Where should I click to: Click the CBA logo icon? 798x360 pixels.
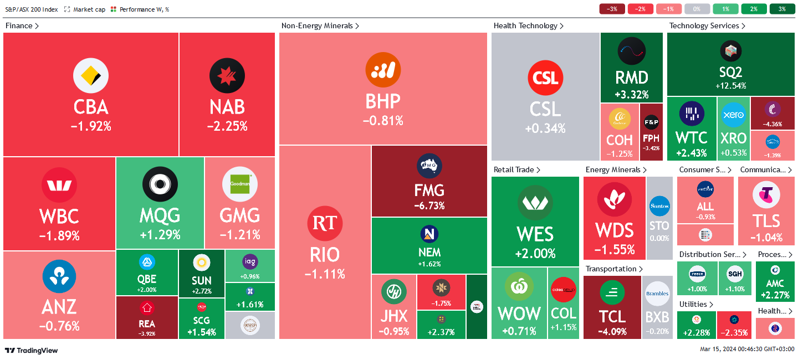[x=90, y=76]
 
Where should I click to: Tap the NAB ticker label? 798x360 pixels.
[x=227, y=106]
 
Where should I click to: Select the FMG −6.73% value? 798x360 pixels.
[x=429, y=206]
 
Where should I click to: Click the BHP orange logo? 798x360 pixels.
[x=383, y=70]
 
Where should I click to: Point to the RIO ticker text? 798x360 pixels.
[x=325, y=255]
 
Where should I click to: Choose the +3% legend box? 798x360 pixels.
[x=781, y=9]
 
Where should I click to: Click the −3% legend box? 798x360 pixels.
[x=612, y=9]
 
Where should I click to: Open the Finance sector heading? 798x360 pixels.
[x=22, y=25]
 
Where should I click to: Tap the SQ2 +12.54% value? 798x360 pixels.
[x=731, y=86]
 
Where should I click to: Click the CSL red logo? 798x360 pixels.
[x=545, y=78]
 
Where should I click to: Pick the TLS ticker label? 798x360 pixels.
[x=766, y=220]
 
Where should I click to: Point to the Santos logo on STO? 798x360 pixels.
[x=659, y=206]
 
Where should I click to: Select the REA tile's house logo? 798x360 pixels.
[x=147, y=308]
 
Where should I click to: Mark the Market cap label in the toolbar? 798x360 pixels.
[x=89, y=9]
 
